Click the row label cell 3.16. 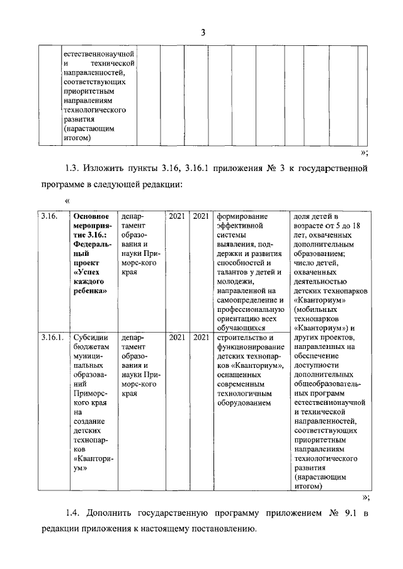coord(50,216)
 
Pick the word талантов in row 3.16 coord(234,272)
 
